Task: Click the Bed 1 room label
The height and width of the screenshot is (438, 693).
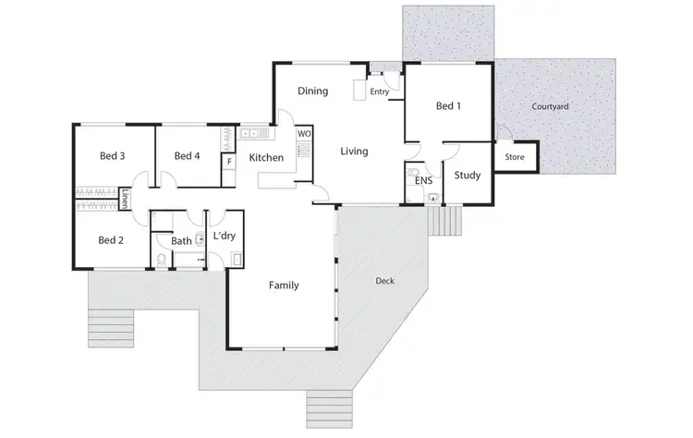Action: click(x=448, y=106)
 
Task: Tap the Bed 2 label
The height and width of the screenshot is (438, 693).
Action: click(x=111, y=240)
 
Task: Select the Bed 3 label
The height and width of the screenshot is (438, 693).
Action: click(x=112, y=156)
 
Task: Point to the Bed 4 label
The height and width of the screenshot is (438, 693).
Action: click(x=187, y=156)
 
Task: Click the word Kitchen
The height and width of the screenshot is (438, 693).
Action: click(x=266, y=158)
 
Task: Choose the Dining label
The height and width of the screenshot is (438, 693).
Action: click(x=313, y=91)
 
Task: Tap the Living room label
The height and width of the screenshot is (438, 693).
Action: click(x=354, y=151)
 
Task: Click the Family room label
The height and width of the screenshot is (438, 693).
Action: click(x=283, y=286)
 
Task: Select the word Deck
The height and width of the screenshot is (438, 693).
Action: click(x=385, y=280)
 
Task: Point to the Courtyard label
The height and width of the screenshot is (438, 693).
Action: click(x=550, y=106)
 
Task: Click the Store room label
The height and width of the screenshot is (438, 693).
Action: click(x=515, y=157)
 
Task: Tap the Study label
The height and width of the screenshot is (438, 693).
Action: click(x=468, y=175)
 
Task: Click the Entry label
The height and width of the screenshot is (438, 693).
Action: click(x=379, y=92)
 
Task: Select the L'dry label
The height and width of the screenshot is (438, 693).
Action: click(x=225, y=237)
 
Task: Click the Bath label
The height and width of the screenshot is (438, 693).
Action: click(x=181, y=241)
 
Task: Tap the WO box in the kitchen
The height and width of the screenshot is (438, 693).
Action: click(x=303, y=134)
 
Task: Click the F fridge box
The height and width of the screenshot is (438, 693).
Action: click(x=228, y=162)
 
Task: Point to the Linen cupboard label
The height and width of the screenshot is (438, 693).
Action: click(x=125, y=198)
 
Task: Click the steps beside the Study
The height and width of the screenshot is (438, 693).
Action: click(x=447, y=220)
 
